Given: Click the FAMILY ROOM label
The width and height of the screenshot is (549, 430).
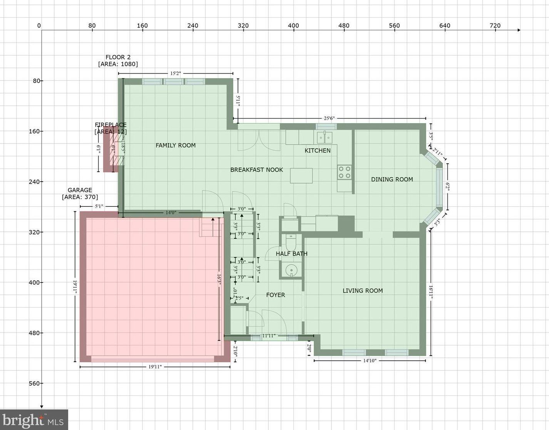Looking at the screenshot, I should [x=176, y=145].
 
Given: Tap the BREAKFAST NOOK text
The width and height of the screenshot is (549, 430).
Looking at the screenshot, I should [x=256, y=170].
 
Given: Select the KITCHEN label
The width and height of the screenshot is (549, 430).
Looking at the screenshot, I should [x=317, y=151].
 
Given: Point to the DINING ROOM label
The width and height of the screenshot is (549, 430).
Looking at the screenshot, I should [x=392, y=179].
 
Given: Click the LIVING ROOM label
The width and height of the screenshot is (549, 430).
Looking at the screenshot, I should [x=363, y=291].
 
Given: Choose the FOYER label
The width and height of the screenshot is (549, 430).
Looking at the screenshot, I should [x=276, y=295].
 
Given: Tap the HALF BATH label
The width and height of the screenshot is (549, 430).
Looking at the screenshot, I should [x=291, y=254].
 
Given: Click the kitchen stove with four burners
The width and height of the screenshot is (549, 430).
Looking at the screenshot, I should [x=344, y=172].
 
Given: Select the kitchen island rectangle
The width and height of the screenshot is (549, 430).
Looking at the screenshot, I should [x=301, y=176].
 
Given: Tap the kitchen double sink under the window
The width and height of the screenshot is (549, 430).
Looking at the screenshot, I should [x=325, y=137].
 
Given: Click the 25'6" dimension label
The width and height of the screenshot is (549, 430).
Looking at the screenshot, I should [x=329, y=119].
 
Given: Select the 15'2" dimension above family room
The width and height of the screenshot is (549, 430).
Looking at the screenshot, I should [x=175, y=73].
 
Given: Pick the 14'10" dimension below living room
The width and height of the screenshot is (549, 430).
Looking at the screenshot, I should [x=370, y=361].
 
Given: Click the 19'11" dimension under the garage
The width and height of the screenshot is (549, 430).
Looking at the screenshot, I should [x=155, y=367].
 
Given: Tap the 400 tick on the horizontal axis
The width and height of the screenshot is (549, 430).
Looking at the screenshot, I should [x=293, y=26].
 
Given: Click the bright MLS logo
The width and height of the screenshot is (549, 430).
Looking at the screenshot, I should [x=34, y=420].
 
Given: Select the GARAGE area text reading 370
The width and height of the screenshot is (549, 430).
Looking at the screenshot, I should [x=80, y=197].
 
